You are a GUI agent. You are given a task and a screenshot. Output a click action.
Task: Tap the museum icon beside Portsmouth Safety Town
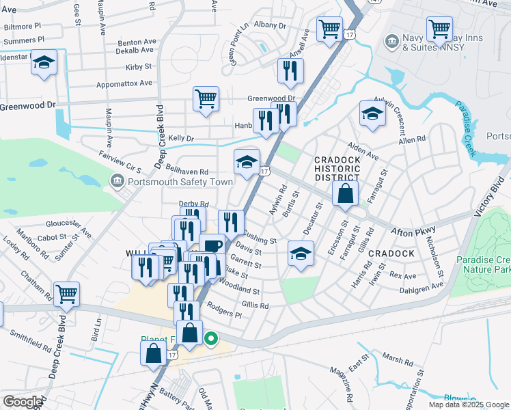pyautogui.click(x=115, y=181)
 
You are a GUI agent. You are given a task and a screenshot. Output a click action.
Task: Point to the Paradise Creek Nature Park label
pyautogui.click(x=483, y=265)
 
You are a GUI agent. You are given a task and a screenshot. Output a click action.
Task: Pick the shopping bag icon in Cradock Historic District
pyautogui.click(x=346, y=193)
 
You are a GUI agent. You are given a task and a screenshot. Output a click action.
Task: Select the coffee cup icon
pyautogui.click(x=212, y=245)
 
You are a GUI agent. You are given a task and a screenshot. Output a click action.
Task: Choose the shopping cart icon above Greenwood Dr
pyautogui.click(x=206, y=98)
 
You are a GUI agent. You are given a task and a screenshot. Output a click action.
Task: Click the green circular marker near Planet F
pyautogui.click(x=212, y=338)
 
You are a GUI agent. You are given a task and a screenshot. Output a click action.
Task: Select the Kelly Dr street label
pyautogui.click(x=181, y=139)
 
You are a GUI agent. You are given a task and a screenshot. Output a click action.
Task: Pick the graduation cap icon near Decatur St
pyautogui.click(x=301, y=254)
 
